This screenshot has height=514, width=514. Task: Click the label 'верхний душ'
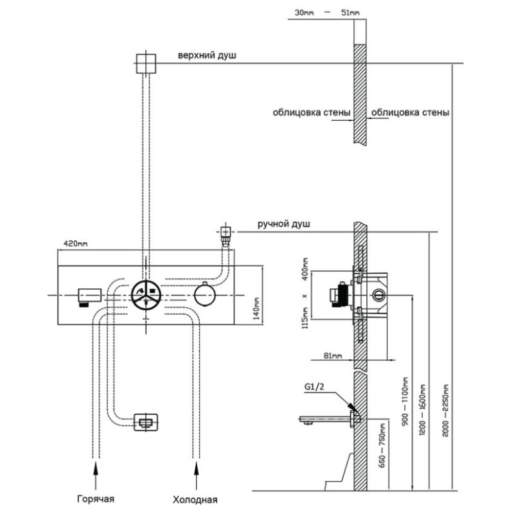click(x=207, y=55)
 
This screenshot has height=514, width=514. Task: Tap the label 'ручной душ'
click(x=283, y=224)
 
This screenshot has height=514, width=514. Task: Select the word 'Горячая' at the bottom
click(x=96, y=499)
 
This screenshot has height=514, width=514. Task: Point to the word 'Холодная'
click(x=195, y=500)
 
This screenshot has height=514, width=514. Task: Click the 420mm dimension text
click(x=75, y=244)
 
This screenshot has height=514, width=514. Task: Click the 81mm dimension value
click(x=333, y=355)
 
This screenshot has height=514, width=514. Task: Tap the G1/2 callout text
click(x=314, y=387)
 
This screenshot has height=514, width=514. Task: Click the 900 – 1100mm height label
click(x=405, y=402)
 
